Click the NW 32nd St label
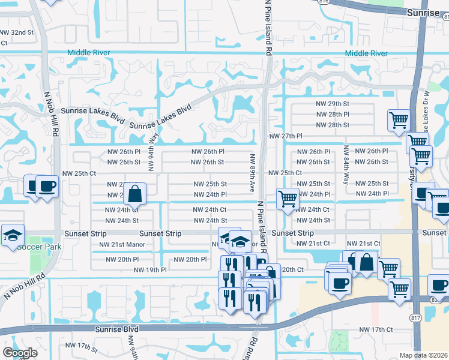click(x=16, y=32)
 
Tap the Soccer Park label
click(x=40, y=247)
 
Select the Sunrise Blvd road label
click(x=116, y=329)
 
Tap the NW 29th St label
click(x=333, y=104)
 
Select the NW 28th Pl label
click(x=333, y=114)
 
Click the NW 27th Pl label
click(x=286, y=136)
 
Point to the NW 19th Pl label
click(x=150, y=270)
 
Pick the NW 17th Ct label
click(x=376, y=330)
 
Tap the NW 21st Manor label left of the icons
click(x=118, y=245)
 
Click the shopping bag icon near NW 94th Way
click(x=135, y=194)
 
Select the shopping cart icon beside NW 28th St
click(x=399, y=122)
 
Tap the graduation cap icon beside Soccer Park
click(x=12, y=236)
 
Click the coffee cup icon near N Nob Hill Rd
click(x=47, y=186)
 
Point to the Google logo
click(x=20, y=352)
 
